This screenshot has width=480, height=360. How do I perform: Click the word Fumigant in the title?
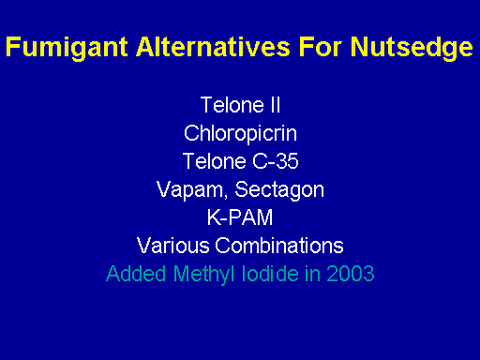pyautogui.click(x=67, y=48)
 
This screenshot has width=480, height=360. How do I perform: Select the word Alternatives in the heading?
pyautogui.click(x=213, y=47)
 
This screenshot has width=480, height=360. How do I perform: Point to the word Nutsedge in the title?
pyautogui.click(x=412, y=48)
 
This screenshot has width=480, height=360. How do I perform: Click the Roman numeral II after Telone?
pyautogui.click(x=275, y=105)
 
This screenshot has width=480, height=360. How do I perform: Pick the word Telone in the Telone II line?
pyautogui.click(x=232, y=105)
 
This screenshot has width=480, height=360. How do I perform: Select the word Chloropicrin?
pyautogui.click(x=240, y=134)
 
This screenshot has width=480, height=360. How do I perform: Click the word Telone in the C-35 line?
pyautogui.click(x=215, y=161)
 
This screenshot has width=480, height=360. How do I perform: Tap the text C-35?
pyautogui.click(x=276, y=161)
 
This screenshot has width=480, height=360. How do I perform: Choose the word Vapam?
pyautogui.click(x=189, y=189)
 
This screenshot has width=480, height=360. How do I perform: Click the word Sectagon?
pyautogui.click(x=279, y=190)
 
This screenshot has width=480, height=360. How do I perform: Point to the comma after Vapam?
pyautogui.click(x=226, y=196)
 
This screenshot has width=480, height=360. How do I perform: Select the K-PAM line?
pyautogui.click(x=240, y=217)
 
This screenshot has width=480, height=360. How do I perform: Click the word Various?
pyautogui.click(x=173, y=246)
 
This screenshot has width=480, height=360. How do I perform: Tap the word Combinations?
pyautogui.click(x=279, y=246)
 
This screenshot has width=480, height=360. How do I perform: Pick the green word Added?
pyautogui.click(x=136, y=274)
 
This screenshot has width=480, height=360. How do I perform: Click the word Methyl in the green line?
pyautogui.click(x=204, y=275)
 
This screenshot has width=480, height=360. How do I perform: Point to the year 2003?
pyautogui.click(x=351, y=274)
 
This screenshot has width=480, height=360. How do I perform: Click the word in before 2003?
pyautogui.click(x=313, y=274)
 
